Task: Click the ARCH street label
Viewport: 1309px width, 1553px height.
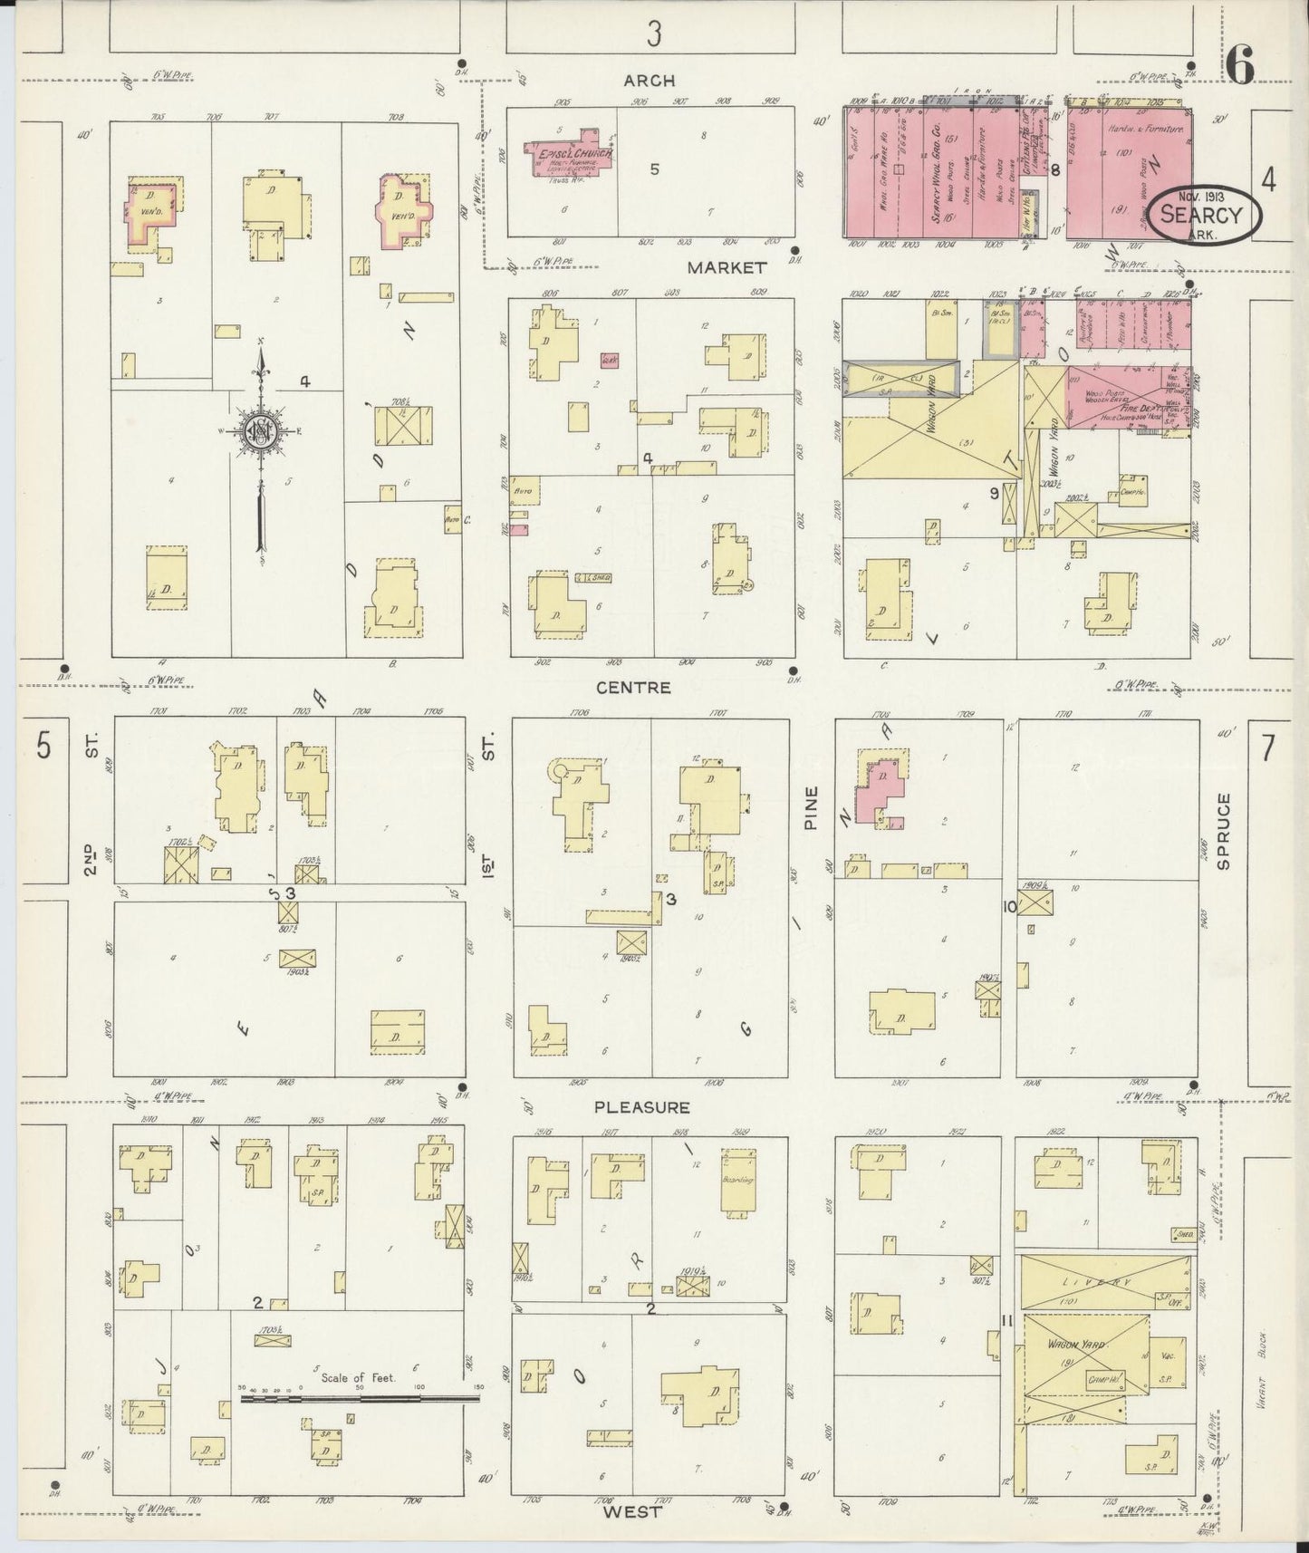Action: tap(650, 81)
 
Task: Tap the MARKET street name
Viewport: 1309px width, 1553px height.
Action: tap(727, 267)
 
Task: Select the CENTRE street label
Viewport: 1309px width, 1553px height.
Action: tap(634, 688)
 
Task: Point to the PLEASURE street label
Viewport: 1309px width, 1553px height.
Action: tap(642, 1107)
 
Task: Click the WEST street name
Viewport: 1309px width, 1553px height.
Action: tap(633, 1510)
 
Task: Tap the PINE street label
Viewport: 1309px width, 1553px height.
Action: tap(810, 808)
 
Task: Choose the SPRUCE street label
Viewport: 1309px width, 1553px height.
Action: tap(1224, 831)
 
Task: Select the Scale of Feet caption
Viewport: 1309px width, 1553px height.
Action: tap(358, 1378)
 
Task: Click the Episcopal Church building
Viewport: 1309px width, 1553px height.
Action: tap(572, 154)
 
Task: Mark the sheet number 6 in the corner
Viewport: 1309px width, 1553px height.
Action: tap(1240, 65)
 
